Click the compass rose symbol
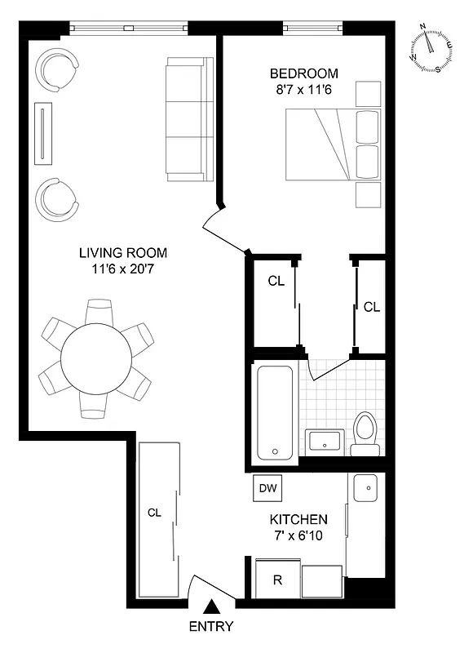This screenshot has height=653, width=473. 432,48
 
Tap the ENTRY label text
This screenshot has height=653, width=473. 211,627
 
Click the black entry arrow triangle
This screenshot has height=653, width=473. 211,606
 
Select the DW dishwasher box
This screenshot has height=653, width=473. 268,488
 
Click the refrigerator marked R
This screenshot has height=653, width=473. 277,581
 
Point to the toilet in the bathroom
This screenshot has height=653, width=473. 364,433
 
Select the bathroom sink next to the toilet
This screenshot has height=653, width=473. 325,442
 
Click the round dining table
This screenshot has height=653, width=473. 97,358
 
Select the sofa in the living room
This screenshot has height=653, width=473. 189,118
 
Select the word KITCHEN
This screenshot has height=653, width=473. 298,519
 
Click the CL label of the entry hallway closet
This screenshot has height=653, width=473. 156,513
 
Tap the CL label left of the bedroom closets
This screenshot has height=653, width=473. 276,281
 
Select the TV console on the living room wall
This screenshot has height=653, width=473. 43,133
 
